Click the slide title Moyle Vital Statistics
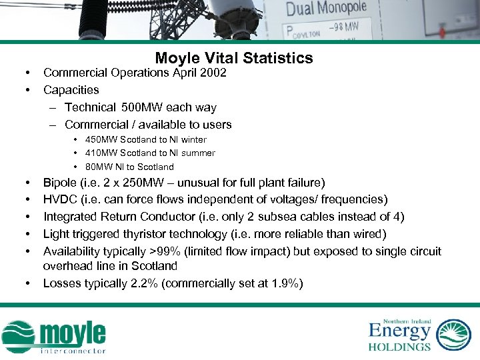coord(233,59)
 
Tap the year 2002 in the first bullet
coord(213,73)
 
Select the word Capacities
coord(71,90)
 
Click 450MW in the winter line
coord(99,140)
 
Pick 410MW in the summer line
coord(99,153)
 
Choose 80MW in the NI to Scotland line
coord(97,167)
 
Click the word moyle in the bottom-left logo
coord(73,334)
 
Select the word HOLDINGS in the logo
coord(399,346)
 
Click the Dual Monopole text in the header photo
coord(326,9)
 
